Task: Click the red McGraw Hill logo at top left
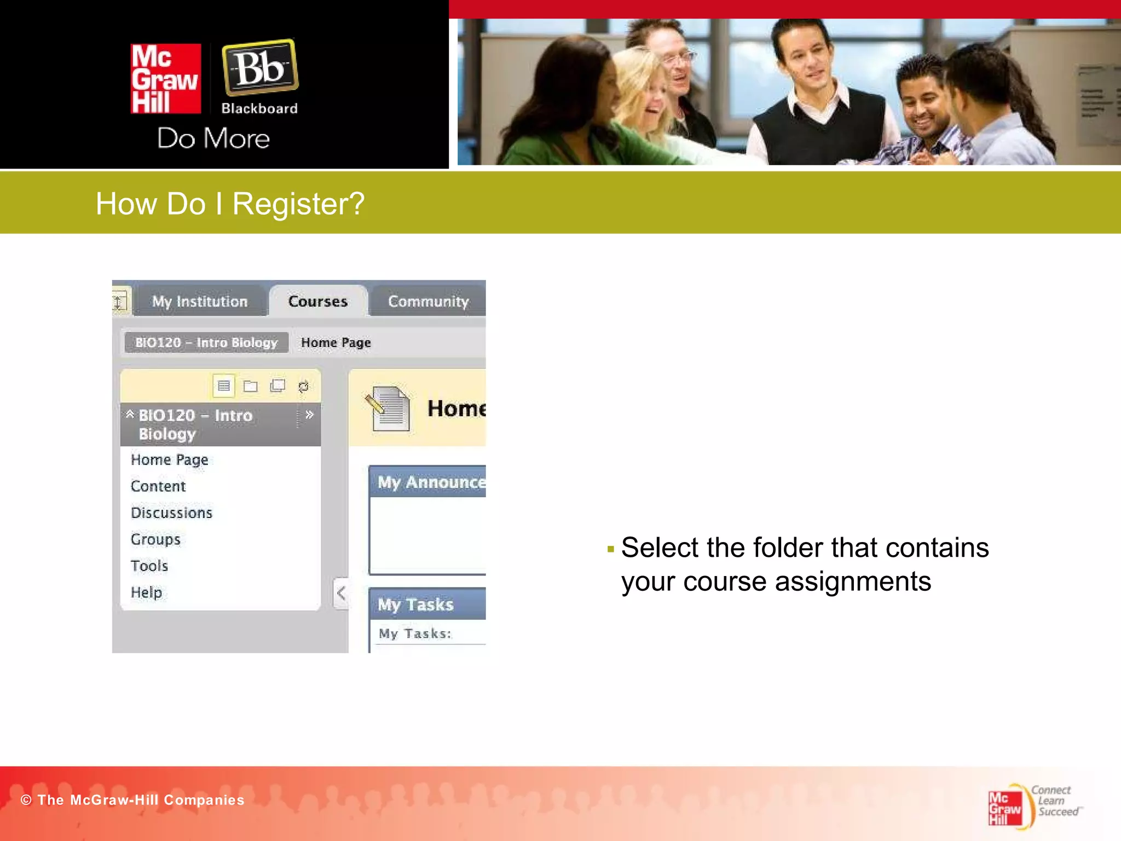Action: click(165, 79)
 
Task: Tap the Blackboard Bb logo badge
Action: click(260, 67)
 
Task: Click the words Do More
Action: click(213, 139)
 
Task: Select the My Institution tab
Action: click(200, 301)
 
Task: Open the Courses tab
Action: click(318, 301)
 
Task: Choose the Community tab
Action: click(428, 301)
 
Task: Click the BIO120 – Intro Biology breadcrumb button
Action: click(206, 343)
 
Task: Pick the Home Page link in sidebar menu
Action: click(170, 460)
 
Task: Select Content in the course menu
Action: click(158, 486)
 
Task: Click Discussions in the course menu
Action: click(171, 513)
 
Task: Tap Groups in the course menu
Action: click(155, 539)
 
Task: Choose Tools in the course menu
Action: click(149, 566)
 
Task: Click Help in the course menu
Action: click(146, 592)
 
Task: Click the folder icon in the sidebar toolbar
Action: click(251, 387)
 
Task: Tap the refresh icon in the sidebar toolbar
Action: click(303, 387)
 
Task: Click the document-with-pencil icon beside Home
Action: click(389, 408)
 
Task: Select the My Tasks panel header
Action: click(427, 604)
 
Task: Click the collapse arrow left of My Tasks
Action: click(341, 593)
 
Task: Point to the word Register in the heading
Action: click(298, 204)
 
